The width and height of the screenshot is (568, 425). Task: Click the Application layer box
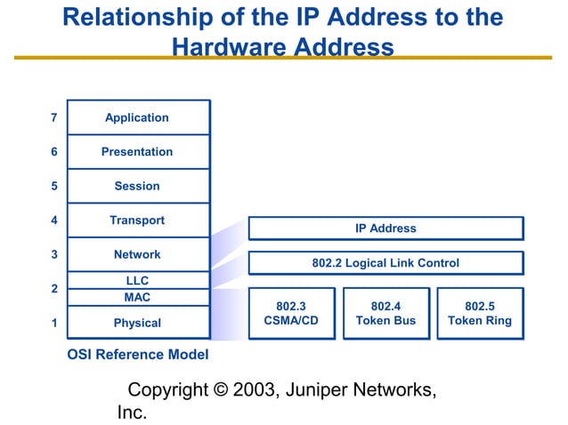coord(137,117)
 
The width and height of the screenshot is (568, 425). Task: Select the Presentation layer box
coord(137,152)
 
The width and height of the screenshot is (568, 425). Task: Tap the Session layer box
coord(137,186)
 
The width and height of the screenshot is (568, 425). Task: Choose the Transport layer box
coord(137,220)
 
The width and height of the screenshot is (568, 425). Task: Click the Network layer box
coord(137,254)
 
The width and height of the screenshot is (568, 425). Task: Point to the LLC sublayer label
coord(137,281)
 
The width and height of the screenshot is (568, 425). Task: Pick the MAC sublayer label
coord(137,297)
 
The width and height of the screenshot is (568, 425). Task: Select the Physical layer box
coord(137,323)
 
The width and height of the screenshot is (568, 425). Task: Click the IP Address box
coord(385,229)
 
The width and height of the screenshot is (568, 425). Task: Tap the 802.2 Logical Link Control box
coord(385,263)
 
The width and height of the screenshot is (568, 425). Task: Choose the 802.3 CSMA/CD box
coord(291,313)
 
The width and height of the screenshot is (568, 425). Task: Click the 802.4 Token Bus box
coord(385,313)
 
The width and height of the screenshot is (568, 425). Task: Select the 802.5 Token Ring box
coord(480,313)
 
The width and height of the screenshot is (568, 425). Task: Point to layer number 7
coord(54,117)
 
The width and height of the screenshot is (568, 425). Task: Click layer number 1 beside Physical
coord(54,323)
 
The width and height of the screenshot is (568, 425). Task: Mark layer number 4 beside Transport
coord(54,220)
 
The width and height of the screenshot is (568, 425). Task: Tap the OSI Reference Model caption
coord(138,355)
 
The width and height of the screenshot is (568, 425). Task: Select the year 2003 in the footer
coord(254,390)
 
